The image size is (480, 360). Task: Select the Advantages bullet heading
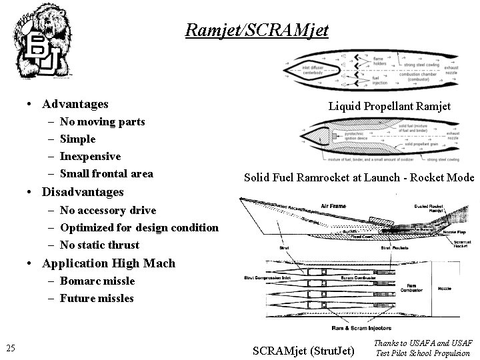[75, 104]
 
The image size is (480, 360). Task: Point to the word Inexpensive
[90, 157]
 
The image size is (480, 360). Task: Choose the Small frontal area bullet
[106, 174]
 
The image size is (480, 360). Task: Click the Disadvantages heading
[83, 192]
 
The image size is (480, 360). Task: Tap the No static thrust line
[99, 245]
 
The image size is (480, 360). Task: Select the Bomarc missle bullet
[97, 281]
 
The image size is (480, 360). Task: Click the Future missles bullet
[96, 298]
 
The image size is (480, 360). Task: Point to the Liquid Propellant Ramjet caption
[389, 106]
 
